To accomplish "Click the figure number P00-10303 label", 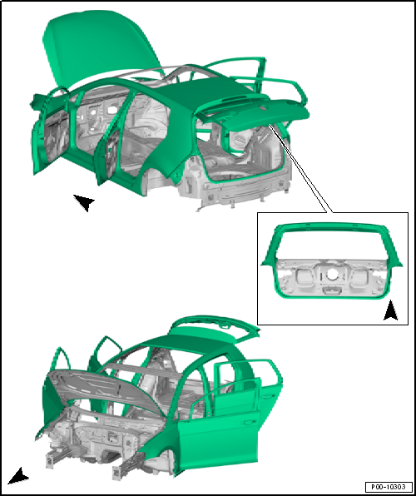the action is point(389,486).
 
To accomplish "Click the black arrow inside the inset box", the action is point(391,310).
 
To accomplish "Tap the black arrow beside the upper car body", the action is point(84,202).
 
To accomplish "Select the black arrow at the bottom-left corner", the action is point(18,476).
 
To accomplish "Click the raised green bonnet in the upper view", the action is point(98,44).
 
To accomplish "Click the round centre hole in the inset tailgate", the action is point(331,275).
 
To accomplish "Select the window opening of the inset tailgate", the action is point(331,244).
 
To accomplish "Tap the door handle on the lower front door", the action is point(250,422).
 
